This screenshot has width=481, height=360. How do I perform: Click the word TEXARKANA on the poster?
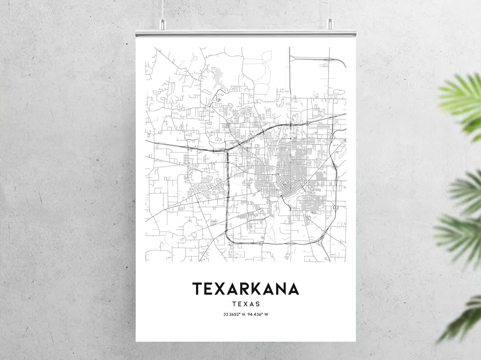point(246,289)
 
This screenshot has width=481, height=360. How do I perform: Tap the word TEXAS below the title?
point(246,304)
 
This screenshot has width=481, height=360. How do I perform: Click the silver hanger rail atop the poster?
point(246,33)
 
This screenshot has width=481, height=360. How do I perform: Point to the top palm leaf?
point(462,101)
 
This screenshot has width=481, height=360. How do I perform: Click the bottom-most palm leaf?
point(464,320)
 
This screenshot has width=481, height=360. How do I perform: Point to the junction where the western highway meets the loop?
point(227,150)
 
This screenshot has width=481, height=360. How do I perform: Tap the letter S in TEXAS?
point(257,304)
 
